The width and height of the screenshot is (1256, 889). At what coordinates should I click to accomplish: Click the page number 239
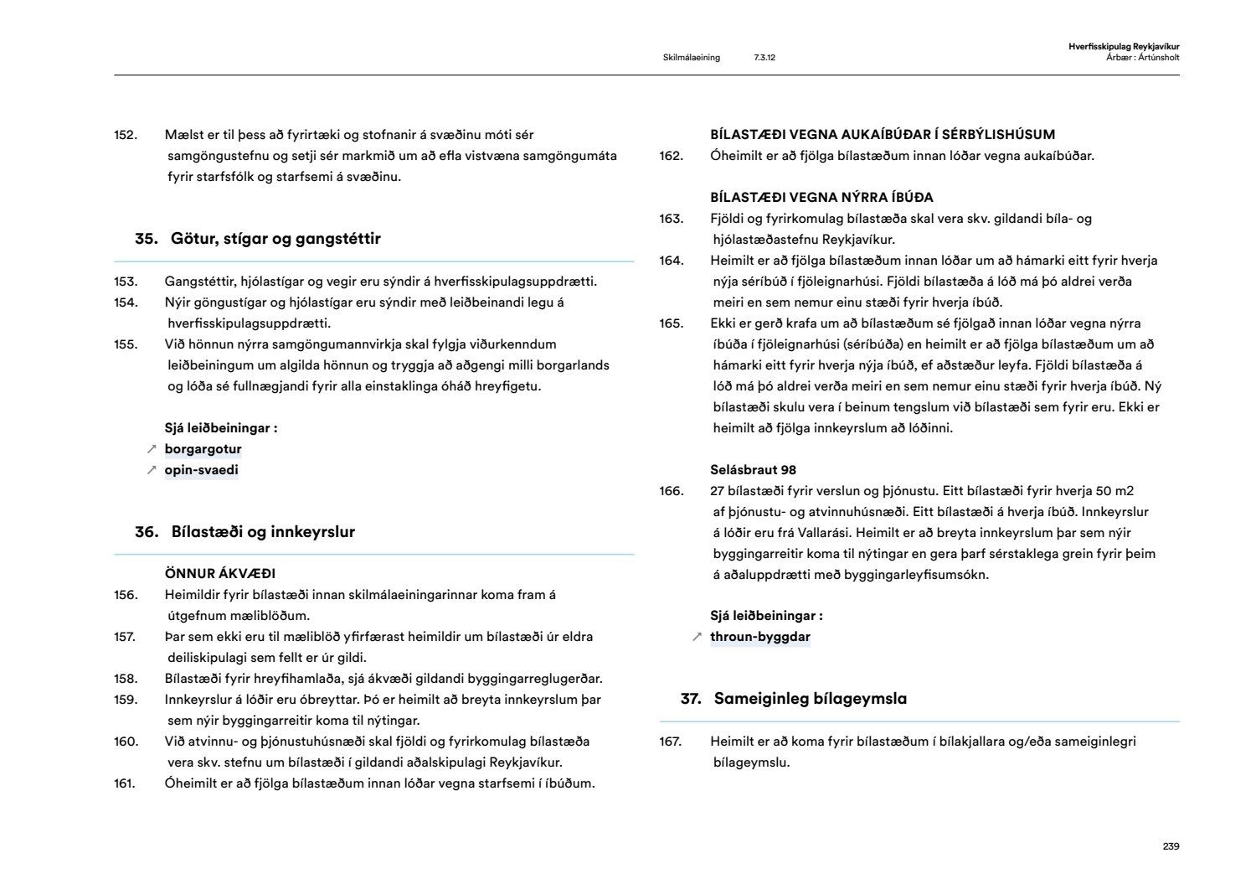[x=1171, y=846]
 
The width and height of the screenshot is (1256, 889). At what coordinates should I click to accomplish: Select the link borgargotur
[x=203, y=449]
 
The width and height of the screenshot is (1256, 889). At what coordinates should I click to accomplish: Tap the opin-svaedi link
[x=201, y=470]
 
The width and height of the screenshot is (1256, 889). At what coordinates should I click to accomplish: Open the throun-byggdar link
[x=759, y=637]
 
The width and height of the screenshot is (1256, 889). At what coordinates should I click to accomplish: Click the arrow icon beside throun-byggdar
[x=697, y=637]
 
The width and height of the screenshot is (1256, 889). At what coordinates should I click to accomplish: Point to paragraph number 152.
[x=126, y=135]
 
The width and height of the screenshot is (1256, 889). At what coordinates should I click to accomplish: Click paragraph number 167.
[x=671, y=742]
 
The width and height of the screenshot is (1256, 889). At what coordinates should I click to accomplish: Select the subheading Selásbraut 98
[x=753, y=470]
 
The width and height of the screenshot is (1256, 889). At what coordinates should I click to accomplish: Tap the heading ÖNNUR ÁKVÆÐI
[x=220, y=574]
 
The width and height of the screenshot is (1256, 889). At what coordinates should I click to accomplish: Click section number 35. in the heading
[x=147, y=239]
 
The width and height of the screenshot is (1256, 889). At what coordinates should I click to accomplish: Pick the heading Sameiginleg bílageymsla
[x=810, y=699]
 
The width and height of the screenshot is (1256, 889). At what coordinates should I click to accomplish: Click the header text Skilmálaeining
[x=691, y=58]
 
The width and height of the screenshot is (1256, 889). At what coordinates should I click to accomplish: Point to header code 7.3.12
[x=764, y=58]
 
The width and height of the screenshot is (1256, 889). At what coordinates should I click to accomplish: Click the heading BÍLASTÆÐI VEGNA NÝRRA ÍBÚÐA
[x=821, y=198]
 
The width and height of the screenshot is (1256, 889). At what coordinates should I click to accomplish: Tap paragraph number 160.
[x=126, y=742]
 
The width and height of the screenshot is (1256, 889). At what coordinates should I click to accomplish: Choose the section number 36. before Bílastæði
[x=147, y=532]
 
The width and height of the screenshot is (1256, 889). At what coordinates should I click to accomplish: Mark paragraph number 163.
[x=671, y=219]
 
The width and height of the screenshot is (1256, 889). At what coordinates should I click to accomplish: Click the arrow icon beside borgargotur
[x=152, y=449]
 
